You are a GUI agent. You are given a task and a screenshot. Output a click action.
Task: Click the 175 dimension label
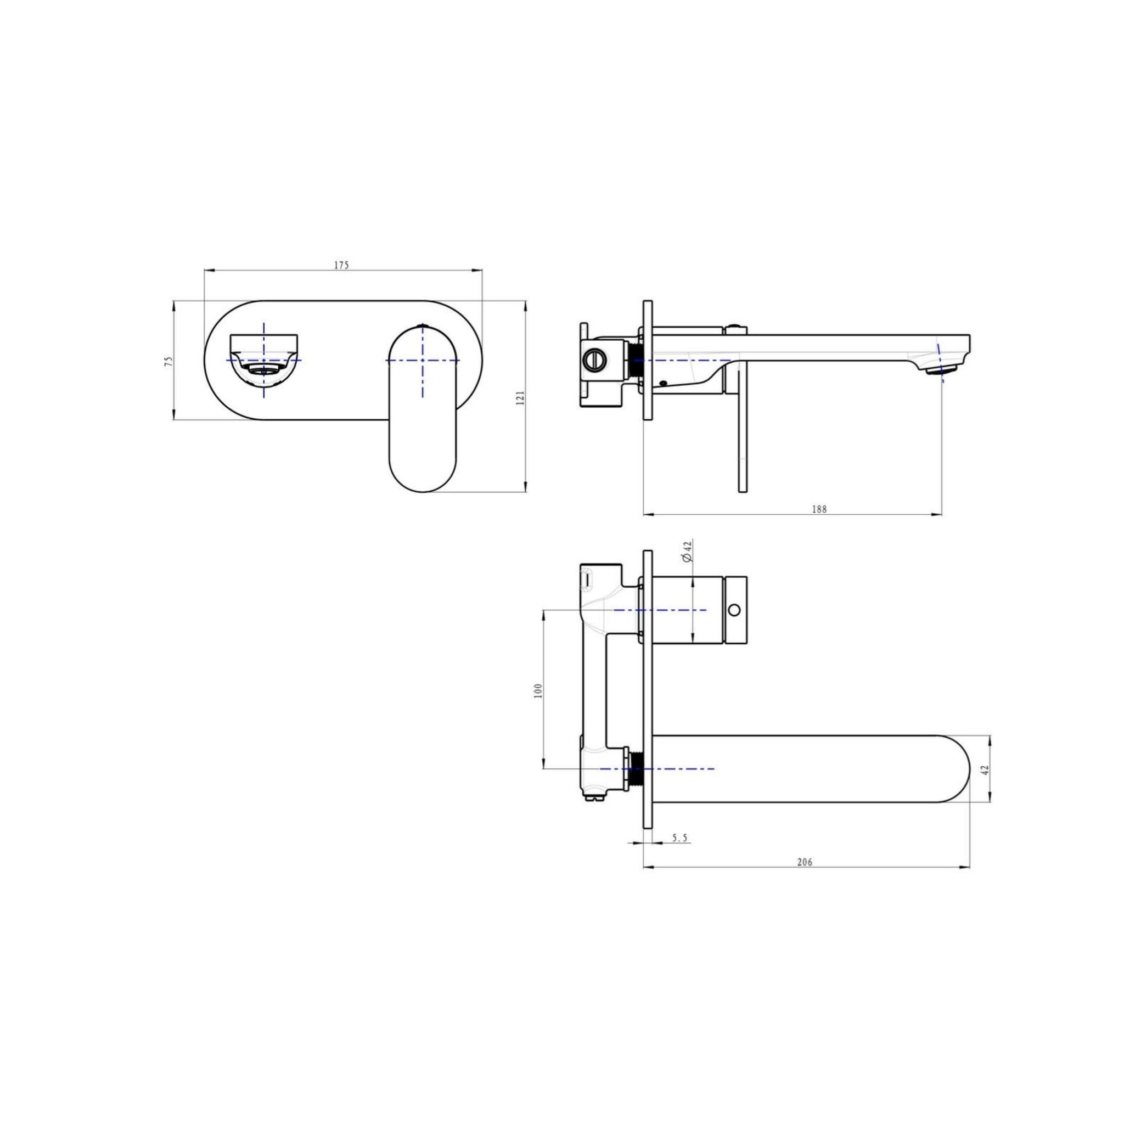(341, 265)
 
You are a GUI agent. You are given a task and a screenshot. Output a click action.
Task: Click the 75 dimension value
(168, 361)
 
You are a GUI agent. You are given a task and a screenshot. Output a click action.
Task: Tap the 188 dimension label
(819, 509)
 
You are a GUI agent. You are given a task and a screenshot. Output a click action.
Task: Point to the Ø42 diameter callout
(687, 550)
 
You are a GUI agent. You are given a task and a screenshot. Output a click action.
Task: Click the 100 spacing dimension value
(538, 690)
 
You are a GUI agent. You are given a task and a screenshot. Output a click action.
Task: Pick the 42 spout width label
(985, 769)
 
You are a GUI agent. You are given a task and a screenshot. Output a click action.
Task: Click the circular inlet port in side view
(595, 360)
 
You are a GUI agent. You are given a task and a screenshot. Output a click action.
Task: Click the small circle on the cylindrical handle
(735, 610)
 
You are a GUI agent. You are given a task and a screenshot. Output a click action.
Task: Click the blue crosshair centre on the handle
(423, 361)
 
